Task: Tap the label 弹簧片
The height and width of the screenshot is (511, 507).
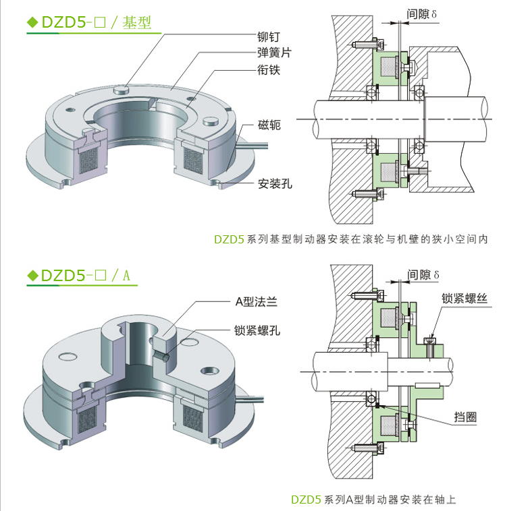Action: click(275, 53)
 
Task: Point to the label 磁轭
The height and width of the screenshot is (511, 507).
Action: click(269, 125)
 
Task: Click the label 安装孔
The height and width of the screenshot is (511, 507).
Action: click(275, 183)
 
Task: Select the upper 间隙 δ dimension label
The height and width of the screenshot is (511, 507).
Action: click(423, 13)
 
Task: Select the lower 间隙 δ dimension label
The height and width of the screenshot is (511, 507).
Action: click(423, 275)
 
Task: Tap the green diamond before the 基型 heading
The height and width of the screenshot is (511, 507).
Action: click(32, 22)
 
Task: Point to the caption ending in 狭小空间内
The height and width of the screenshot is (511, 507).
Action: click(350, 239)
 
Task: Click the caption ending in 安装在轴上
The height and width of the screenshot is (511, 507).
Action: click(373, 500)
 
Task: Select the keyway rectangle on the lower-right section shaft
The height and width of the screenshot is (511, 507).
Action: click(428, 385)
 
